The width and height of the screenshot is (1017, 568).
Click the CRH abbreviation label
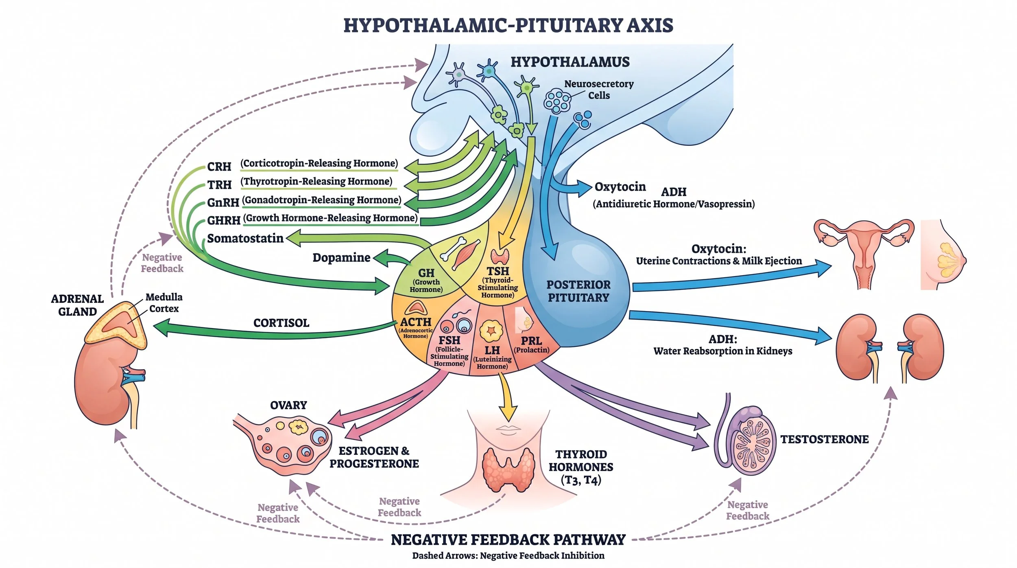(219, 167)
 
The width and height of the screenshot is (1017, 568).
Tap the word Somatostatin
(245, 238)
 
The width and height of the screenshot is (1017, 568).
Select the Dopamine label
(341, 257)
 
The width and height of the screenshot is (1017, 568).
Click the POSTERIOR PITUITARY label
(578, 291)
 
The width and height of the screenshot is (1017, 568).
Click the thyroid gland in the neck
(508, 469)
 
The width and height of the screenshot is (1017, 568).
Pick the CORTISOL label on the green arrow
(281, 323)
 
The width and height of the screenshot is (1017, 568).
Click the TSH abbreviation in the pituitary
(498, 271)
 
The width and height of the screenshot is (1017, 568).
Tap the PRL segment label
(531, 341)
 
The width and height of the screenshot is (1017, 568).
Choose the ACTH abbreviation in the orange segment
(415, 322)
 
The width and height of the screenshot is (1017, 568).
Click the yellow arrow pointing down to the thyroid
(507, 397)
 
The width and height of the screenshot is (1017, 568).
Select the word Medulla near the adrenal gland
(164, 297)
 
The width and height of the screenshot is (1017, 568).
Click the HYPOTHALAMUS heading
(570, 62)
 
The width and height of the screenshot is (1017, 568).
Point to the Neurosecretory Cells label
(599, 90)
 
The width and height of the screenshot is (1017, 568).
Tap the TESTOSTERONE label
(824, 439)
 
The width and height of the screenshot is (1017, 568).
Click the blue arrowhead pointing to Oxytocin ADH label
(584, 188)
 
